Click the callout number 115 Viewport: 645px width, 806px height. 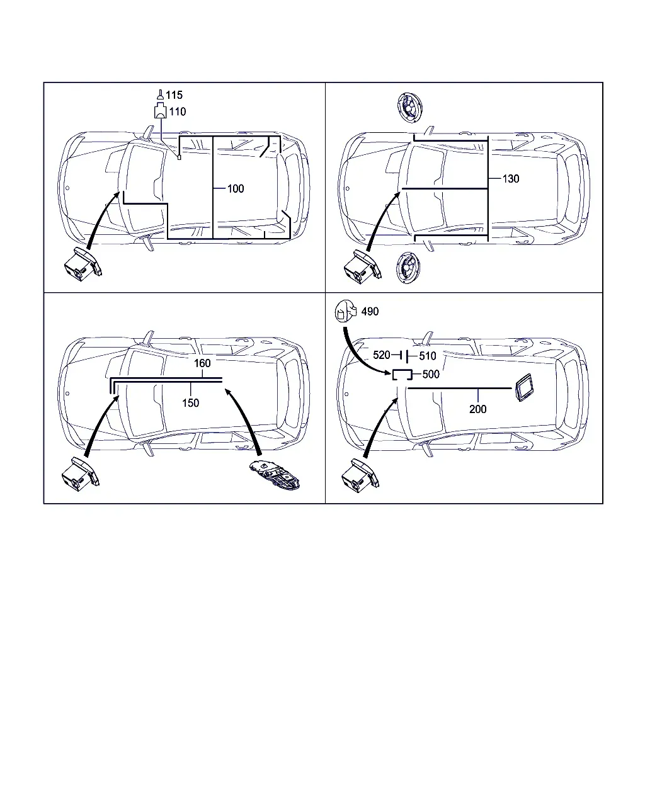pyautogui.click(x=174, y=95)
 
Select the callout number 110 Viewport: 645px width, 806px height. pyautogui.click(x=177, y=111)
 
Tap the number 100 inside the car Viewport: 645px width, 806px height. pyautogui.click(x=236, y=188)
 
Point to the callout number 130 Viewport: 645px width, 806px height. pyautogui.click(x=510, y=179)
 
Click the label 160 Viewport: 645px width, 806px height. pyautogui.click(x=202, y=363)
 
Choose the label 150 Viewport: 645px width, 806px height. pyautogui.click(x=190, y=403)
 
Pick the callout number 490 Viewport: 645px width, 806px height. pyautogui.click(x=370, y=311)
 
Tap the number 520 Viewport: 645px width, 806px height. pyautogui.click(x=382, y=355)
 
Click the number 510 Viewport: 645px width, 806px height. pyautogui.click(x=428, y=356)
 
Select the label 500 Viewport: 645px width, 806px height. pyautogui.click(x=431, y=374)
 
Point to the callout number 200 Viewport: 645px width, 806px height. pyautogui.click(x=478, y=409)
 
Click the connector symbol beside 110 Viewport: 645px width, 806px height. pyautogui.click(x=161, y=111)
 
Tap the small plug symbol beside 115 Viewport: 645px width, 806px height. pyautogui.click(x=161, y=94)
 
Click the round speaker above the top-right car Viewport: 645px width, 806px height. pyautogui.click(x=409, y=108)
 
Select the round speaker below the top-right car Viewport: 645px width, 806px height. pyautogui.click(x=408, y=268)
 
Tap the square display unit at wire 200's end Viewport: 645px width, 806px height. pyautogui.click(x=524, y=387)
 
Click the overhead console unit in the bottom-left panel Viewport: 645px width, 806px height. pyautogui.click(x=275, y=475)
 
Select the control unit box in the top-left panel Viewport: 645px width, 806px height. pyautogui.click(x=83, y=264)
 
